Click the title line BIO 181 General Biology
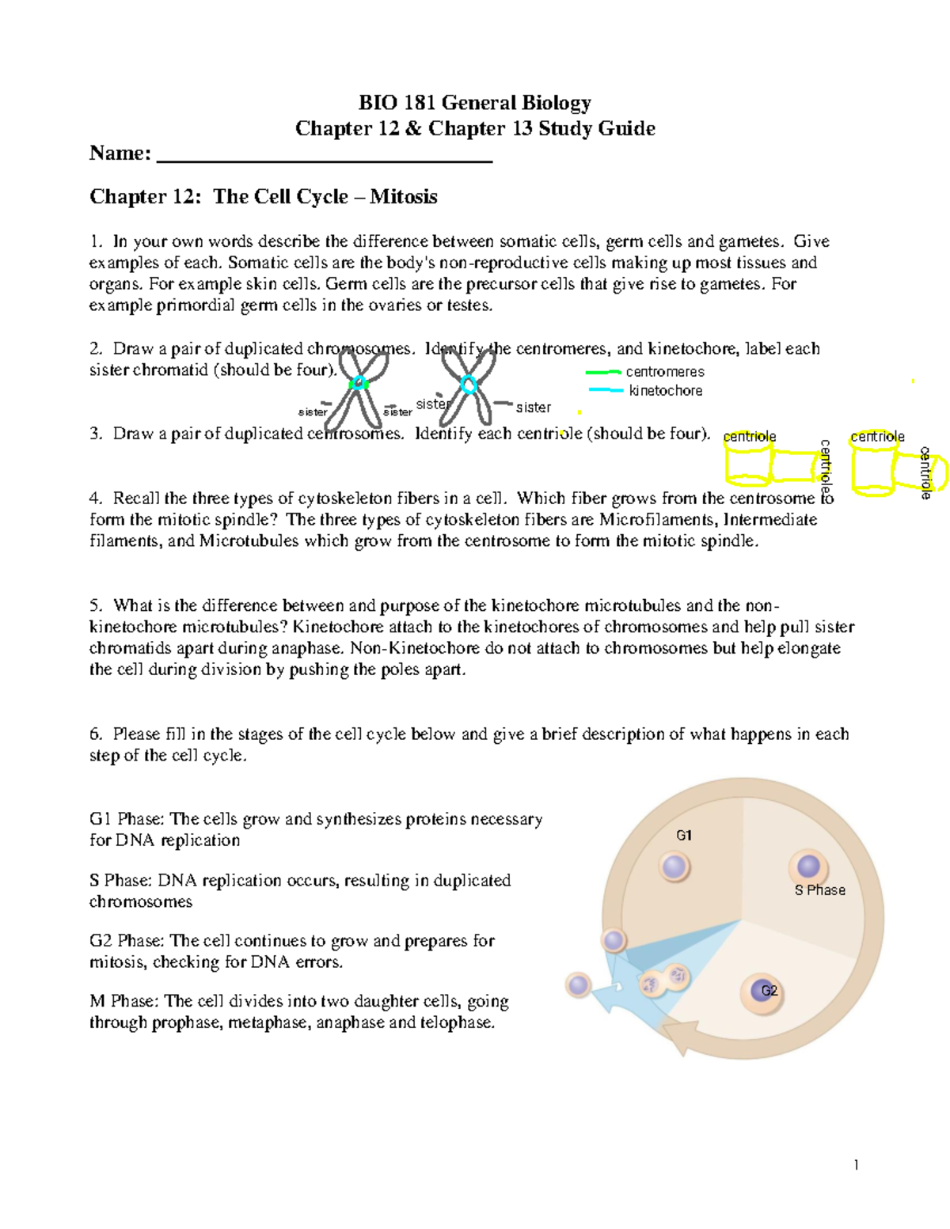tap(475, 103)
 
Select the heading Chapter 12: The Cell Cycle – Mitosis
tap(263, 197)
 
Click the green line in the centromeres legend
tap(603, 372)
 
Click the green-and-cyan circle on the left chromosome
tap(359, 384)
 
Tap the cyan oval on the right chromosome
tap(469, 385)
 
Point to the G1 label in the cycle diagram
tap(684, 836)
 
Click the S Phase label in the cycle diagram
tap(819, 890)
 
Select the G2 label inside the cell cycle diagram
tap(769, 991)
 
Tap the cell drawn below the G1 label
tap(674, 867)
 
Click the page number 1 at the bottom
tap(856, 1164)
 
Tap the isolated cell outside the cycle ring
tap(579, 985)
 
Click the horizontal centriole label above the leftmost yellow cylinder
tap(749, 437)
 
